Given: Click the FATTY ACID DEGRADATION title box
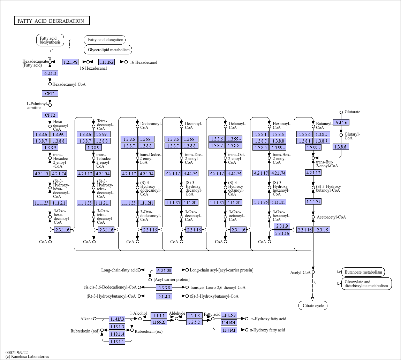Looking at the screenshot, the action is click(x=52, y=21).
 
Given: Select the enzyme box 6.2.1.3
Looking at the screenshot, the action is click(x=50, y=74).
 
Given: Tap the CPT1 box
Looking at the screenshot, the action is click(x=50, y=94).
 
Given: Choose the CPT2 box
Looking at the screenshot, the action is click(x=50, y=115).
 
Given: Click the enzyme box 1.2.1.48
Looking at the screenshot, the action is click(x=70, y=62).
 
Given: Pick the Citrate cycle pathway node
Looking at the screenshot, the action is click(x=313, y=306).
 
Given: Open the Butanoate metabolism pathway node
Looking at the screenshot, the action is click(x=363, y=272).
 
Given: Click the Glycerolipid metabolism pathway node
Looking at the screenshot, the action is click(x=108, y=49).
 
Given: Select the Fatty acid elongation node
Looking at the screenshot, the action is click(x=105, y=40).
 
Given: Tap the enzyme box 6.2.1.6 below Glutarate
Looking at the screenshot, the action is click(x=341, y=122).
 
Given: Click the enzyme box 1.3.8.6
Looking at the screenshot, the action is click(x=341, y=147).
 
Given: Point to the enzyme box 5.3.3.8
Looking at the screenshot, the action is click(x=164, y=288).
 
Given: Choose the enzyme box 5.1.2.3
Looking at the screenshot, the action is click(x=164, y=296).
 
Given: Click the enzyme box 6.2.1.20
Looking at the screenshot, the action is click(x=164, y=270).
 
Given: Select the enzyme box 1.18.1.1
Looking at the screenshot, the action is click(x=117, y=342).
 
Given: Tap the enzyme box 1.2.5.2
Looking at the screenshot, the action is click(x=194, y=322).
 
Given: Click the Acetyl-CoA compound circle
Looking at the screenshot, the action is click(x=313, y=272).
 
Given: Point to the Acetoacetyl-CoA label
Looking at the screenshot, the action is click(x=331, y=217).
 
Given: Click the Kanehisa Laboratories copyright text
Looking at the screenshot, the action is click(x=27, y=357).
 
